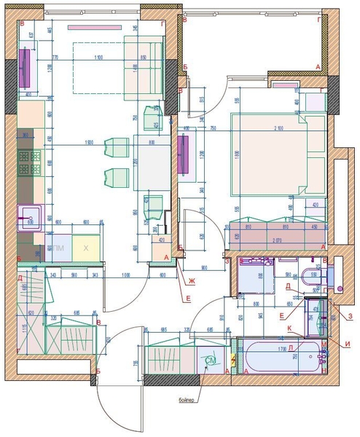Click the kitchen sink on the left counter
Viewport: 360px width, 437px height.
[x=31, y=216]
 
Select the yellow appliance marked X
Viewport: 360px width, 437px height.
[x=86, y=248]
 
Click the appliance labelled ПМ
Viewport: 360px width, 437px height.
[x=59, y=248]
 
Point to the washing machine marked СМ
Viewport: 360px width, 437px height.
[x=211, y=360]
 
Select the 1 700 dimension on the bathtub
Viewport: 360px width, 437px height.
[x=281, y=350]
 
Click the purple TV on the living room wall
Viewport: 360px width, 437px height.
[x=25, y=66]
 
